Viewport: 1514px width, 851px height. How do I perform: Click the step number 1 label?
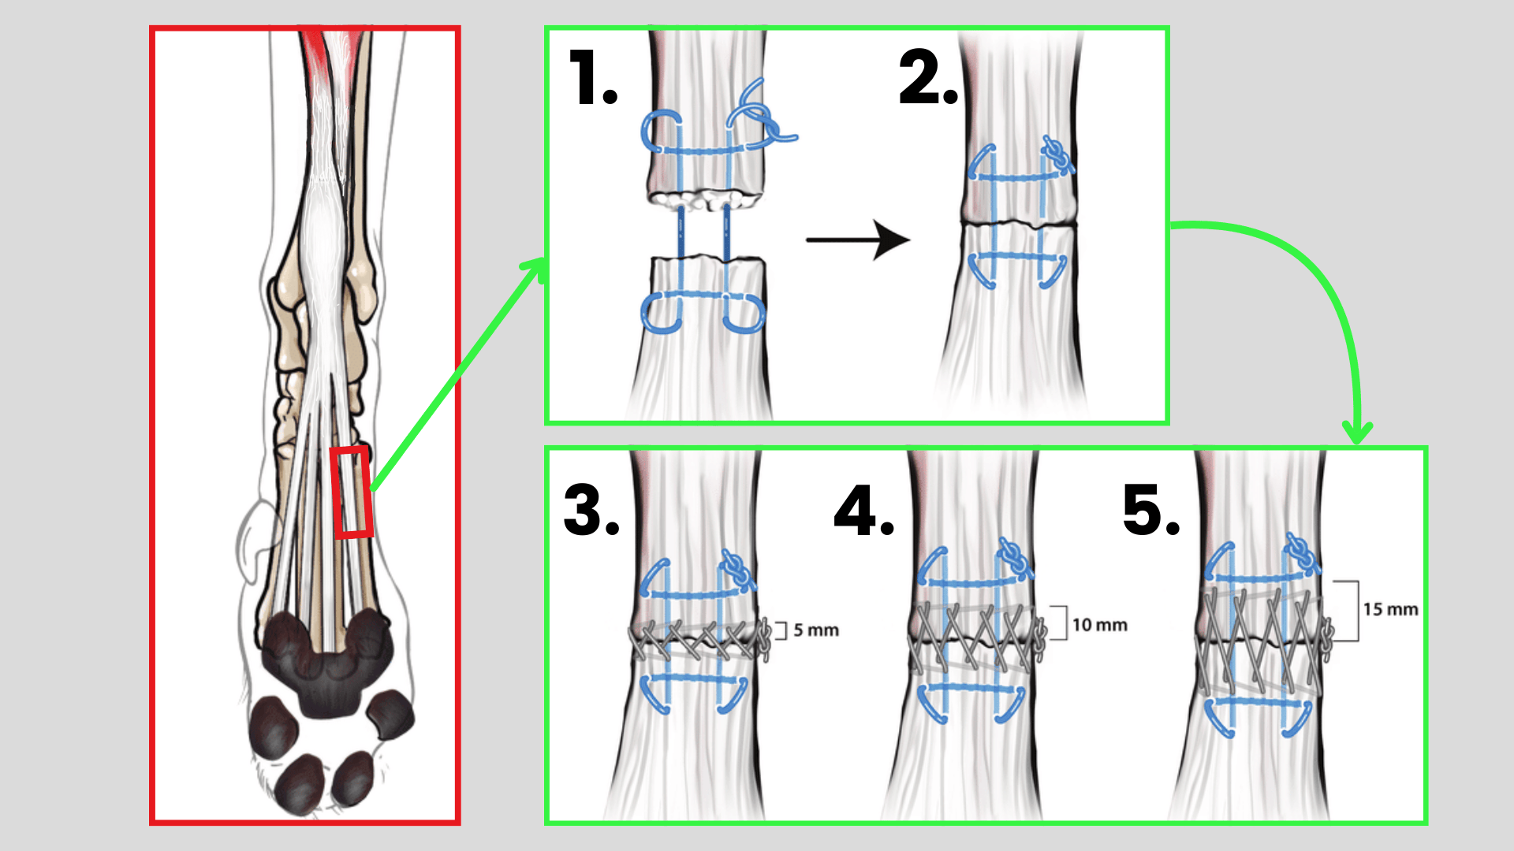tap(593, 79)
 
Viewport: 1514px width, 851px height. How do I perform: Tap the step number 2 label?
tap(928, 79)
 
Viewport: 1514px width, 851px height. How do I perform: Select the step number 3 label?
tap(591, 511)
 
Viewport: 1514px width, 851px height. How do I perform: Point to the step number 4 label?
tap(863, 511)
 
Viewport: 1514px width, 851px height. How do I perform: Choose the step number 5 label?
tap(1151, 511)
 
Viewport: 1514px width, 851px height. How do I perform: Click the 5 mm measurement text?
tap(816, 630)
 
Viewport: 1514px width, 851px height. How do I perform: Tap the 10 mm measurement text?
tap(1100, 626)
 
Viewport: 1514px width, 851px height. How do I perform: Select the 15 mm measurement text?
tap(1390, 610)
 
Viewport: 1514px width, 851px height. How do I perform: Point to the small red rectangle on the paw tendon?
tap(351, 492)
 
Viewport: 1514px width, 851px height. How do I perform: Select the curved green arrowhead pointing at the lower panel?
tap(1357, 433)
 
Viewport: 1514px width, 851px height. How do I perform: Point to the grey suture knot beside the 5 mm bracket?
tap(763, 638)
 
